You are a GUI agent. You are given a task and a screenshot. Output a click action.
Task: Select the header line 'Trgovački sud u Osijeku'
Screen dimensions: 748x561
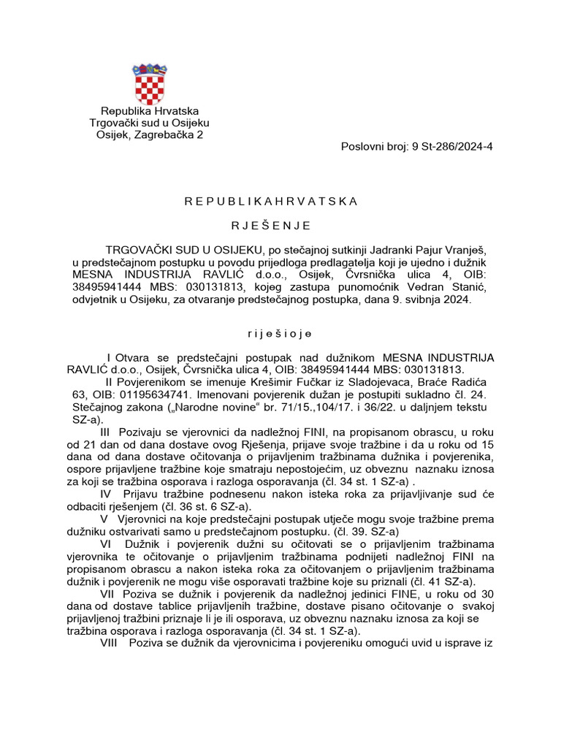click(x=149, y=123)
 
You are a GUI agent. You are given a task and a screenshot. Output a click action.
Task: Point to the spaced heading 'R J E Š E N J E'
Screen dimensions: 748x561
click(x=271, y=225)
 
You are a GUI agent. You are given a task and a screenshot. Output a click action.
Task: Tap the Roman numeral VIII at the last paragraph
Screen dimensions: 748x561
click(x=112, y=644)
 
